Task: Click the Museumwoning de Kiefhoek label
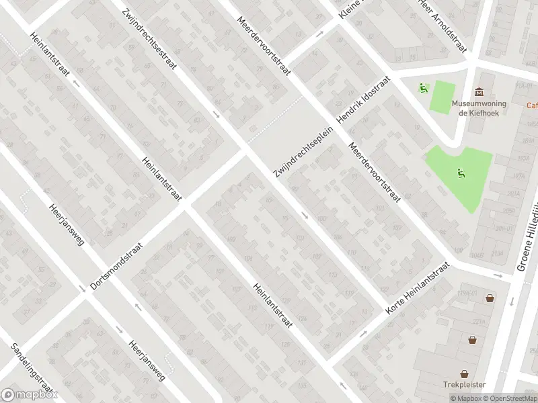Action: coord(478,109)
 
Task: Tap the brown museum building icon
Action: coord(478,92)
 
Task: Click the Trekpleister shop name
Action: coord(464,385)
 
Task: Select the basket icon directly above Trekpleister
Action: coord(464,373)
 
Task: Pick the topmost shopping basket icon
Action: coord(490,298)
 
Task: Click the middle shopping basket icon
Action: coord(473,339)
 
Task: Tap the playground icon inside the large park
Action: coord(461,173)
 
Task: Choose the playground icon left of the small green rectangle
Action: coord(423,87)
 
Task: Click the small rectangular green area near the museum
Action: coord(442,96)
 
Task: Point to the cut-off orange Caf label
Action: coord(531,105)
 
